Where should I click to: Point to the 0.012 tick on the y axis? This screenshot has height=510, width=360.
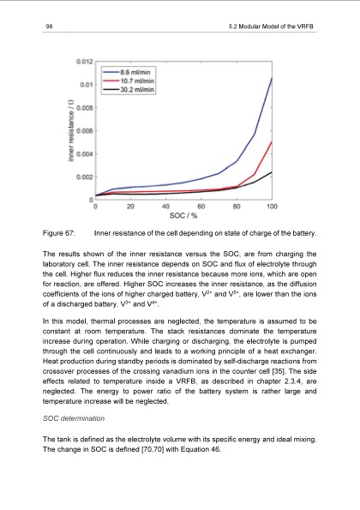point(83,63)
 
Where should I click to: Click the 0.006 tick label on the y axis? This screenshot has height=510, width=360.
point(83,131)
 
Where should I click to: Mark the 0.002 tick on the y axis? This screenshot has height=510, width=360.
point(83,177)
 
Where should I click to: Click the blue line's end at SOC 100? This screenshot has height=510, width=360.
point(272,78)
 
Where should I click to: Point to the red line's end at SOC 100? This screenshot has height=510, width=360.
point(272,141)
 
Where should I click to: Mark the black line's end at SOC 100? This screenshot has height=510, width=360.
point(272,172)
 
